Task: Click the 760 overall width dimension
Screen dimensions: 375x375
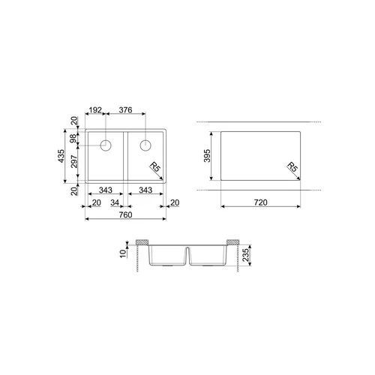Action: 125,214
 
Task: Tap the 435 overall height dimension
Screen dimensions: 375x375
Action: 61,156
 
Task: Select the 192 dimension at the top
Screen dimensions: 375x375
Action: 95,110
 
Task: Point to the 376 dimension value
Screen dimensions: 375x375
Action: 125,110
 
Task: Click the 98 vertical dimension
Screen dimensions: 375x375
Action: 73,138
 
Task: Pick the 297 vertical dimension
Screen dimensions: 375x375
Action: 74,161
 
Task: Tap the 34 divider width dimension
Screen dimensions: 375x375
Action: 115,202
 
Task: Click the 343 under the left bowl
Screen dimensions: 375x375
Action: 106,190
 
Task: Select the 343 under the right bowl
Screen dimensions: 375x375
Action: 145,190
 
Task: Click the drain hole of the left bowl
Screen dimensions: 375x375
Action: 106,145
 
